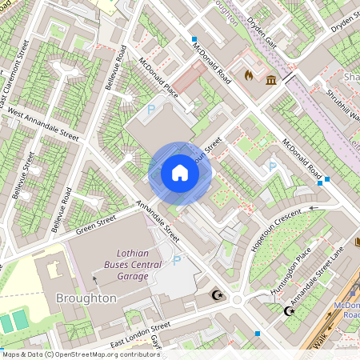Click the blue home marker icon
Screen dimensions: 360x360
coord(180,173)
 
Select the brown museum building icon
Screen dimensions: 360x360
coord(272,80)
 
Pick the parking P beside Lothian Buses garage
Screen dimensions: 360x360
coord(177,261)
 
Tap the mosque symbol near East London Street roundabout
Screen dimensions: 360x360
coord(215,296)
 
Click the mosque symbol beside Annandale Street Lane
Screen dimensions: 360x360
coord(289,310)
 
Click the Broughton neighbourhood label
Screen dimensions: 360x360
coord(86,298)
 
